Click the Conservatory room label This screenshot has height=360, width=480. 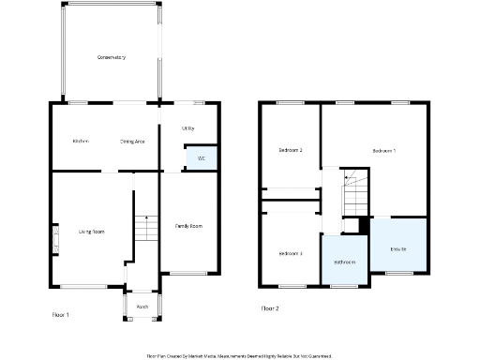tap(111, 58)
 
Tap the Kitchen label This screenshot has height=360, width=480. tap(81, 141)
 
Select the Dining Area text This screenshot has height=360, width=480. tap(131, 141)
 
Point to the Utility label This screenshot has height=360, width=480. tap(187, 127)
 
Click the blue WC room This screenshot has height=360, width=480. tap(202, 157)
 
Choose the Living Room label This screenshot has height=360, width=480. tap(91, 232)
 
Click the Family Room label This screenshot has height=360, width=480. tap(189, 226)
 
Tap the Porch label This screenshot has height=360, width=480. tap(142, 306)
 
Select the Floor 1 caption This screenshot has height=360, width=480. tap(61, 315)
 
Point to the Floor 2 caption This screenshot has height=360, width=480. tap(270, 307)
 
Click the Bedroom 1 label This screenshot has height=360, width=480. tap(383, 151)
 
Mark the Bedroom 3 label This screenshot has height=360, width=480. tap(290, 254)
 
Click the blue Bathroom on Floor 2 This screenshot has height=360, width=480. tap(344, 261)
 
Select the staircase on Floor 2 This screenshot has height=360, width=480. tap(354, 193)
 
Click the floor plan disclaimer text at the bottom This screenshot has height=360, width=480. tap(239, 356)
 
